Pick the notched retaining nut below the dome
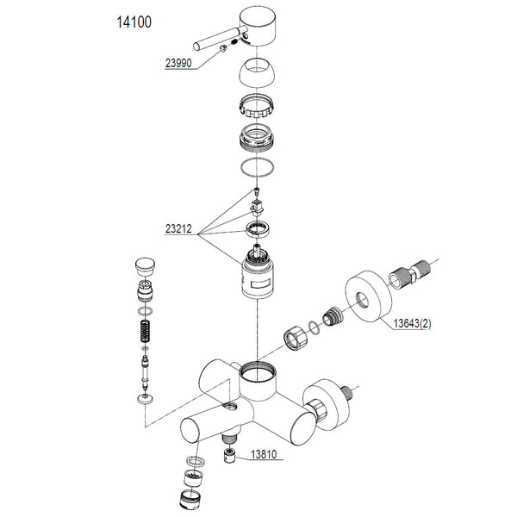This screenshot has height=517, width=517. pyautogui.click(x=257, y=109)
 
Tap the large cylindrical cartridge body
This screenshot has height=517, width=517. pyautogui.click(x=257, y=277)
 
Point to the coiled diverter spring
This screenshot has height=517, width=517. pyautogui.click(x=145, y=333)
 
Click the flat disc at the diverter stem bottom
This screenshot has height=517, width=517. pyautogui.click(x=145, y=400)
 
